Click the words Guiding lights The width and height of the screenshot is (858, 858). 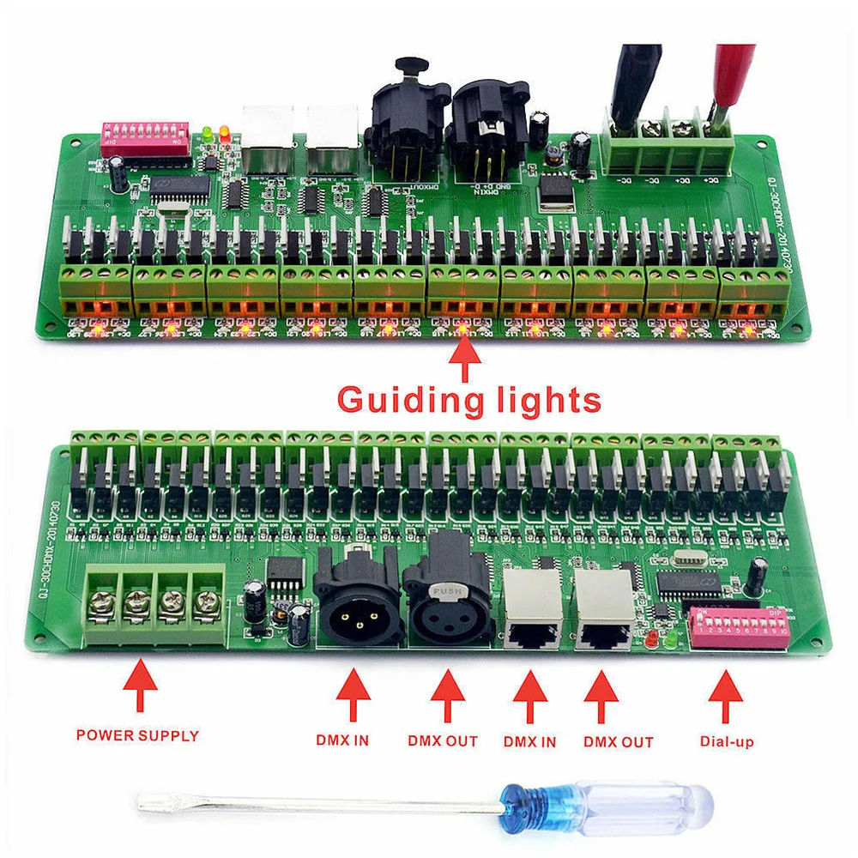(468, 399)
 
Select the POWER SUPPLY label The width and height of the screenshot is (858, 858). (137, 735)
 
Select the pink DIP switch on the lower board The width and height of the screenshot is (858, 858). (737, 626)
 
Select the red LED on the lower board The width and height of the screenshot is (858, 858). (652, 638)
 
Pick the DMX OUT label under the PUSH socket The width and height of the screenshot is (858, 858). (443, 740)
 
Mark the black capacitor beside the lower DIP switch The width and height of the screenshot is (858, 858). (758, 576)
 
